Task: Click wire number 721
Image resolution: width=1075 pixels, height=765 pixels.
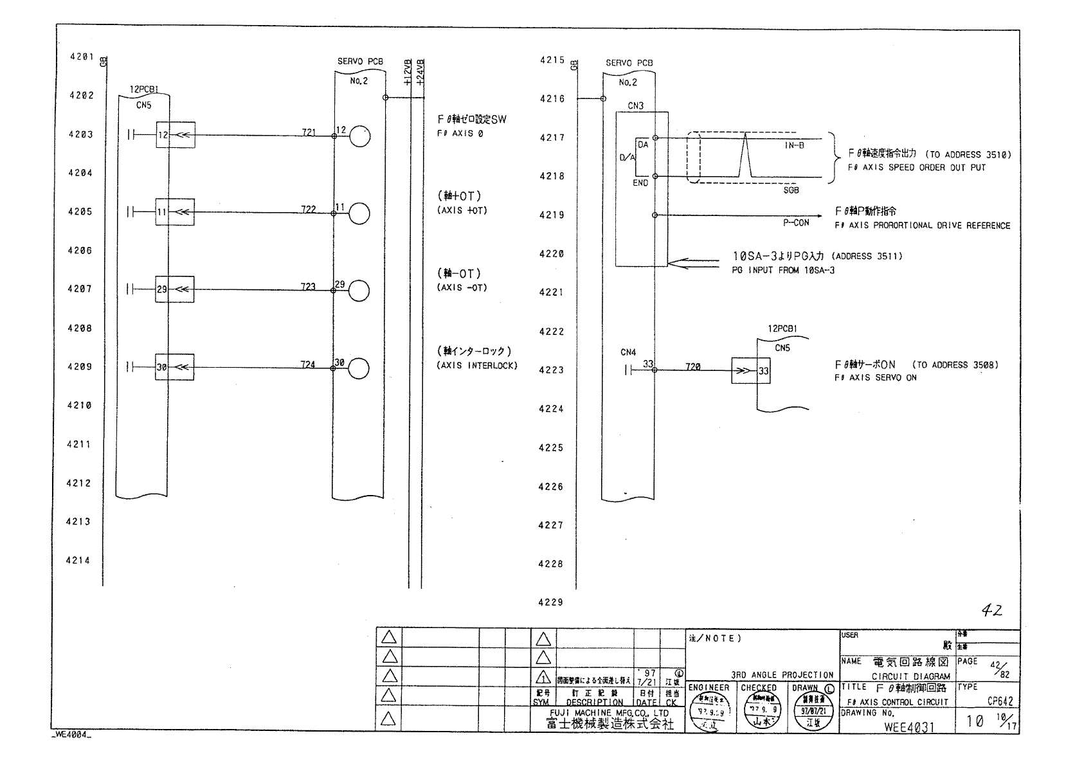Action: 309,132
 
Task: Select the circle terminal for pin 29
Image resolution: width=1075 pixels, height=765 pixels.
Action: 359,291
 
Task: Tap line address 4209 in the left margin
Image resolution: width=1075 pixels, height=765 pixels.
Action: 80,366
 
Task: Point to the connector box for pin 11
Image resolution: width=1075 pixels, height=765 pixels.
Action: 175,212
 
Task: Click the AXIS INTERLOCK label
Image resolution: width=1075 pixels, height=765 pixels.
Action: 477,366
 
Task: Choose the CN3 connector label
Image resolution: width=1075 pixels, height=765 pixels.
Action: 635,106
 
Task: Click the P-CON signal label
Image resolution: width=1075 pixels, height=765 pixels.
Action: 795,222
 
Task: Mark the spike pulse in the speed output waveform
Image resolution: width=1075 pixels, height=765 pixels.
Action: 745,154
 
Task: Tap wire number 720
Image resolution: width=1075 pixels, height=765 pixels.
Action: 692,366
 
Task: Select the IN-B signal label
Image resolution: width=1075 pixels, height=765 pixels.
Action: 794,145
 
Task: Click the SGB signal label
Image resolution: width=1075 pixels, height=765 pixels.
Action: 791,190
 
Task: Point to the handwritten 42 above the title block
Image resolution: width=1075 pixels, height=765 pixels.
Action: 991,611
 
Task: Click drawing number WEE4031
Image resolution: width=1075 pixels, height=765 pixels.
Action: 908,727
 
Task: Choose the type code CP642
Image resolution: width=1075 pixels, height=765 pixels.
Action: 1000,702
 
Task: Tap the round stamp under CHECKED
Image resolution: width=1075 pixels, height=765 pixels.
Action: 759,713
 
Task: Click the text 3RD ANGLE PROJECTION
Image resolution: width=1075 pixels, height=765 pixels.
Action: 782,675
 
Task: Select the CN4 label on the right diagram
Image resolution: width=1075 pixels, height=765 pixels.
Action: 628,352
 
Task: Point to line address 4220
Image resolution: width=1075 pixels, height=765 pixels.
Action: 552,254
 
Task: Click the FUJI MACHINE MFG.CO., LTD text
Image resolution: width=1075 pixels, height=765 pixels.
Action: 609,713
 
